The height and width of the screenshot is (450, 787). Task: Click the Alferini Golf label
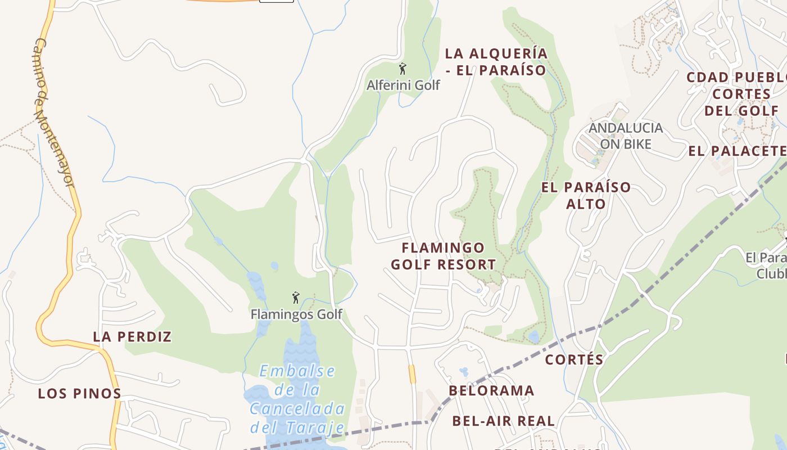click(403, 85)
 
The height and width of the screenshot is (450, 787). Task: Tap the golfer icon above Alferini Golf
click(402, 69)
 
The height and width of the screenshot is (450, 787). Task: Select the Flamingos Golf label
click(296, 314)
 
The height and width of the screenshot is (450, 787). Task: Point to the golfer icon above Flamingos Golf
click(296, 298)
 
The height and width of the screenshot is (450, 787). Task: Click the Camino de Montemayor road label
click(54, 112)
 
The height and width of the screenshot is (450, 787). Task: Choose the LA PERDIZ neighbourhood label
click(132, 337)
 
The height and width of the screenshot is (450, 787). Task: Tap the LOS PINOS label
click(79, 394)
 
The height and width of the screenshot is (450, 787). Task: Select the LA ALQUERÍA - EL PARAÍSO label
click(496, 62)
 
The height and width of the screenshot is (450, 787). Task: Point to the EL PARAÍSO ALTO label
click(586, 195)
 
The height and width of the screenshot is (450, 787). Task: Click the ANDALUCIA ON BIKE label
click(626, 136)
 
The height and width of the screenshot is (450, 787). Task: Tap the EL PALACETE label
click(737, 151)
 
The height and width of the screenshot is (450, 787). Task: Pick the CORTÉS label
click(574, 359)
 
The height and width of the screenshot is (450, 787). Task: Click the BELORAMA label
click(491, 390)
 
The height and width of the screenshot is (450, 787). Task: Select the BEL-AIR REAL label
click(503, 421)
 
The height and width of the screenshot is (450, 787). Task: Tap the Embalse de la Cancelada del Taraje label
click(297, 399)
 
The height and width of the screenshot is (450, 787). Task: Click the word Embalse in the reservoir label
click(297, 371)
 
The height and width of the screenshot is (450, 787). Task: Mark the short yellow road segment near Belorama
click(412, 374)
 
